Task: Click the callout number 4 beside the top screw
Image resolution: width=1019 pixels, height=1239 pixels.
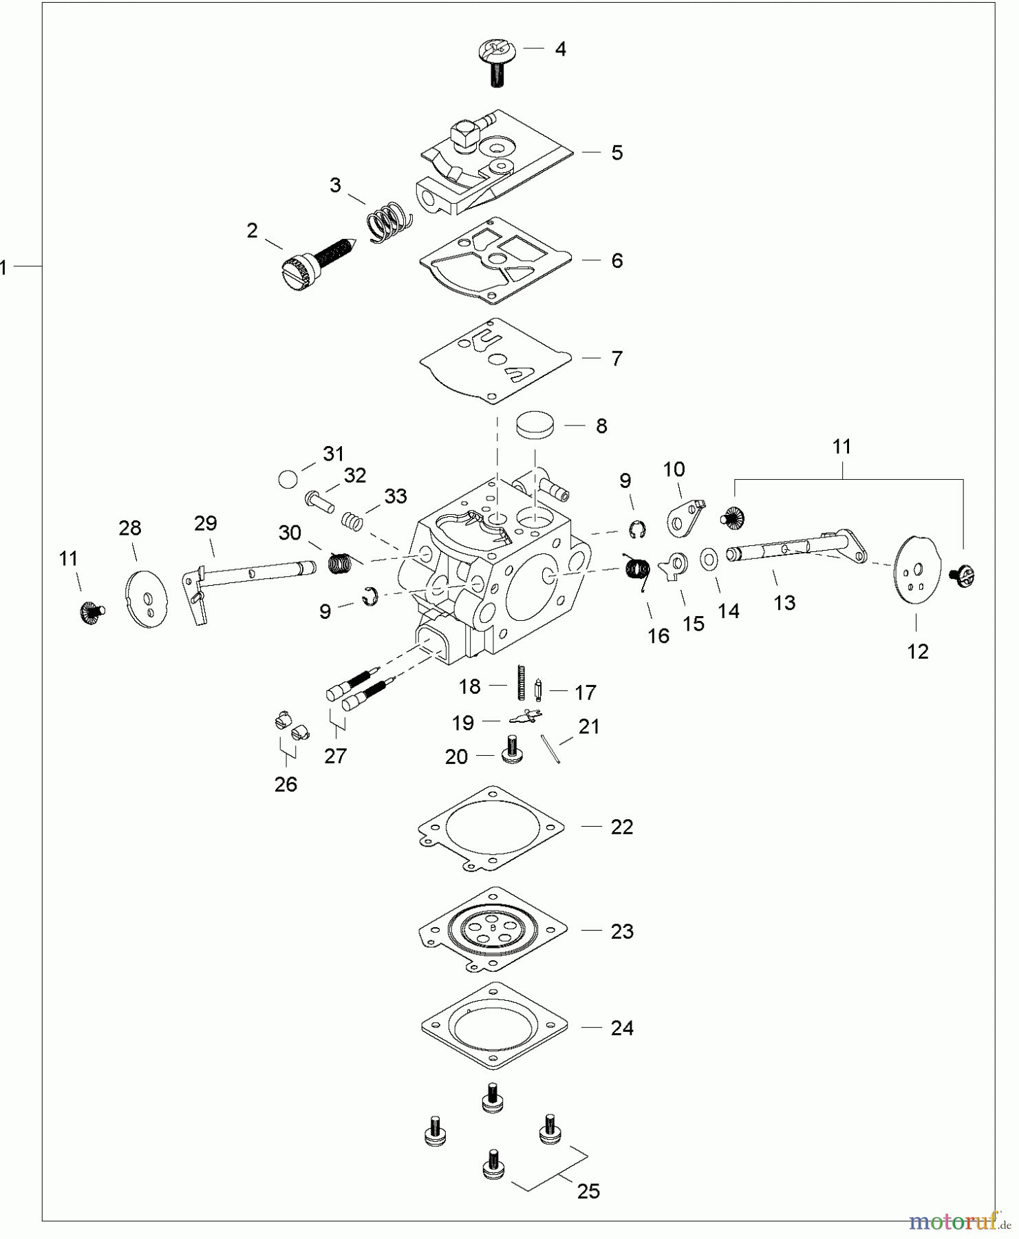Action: coord(561,49)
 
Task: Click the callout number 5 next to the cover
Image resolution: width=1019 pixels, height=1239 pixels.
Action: coord(617,153)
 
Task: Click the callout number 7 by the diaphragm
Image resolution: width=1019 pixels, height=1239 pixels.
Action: coord(617,359)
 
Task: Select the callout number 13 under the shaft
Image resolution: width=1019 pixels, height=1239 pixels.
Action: coord(784,603)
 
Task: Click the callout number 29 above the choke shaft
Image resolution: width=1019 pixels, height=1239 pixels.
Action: coord(206,524)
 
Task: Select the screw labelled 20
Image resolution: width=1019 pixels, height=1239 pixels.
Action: coord(511,750)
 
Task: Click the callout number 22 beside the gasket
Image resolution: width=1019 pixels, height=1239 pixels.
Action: coord(622,827)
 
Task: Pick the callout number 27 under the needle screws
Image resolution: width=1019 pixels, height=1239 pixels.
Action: coord(335,756)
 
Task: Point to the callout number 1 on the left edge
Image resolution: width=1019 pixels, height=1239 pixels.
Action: coord(4,267)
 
